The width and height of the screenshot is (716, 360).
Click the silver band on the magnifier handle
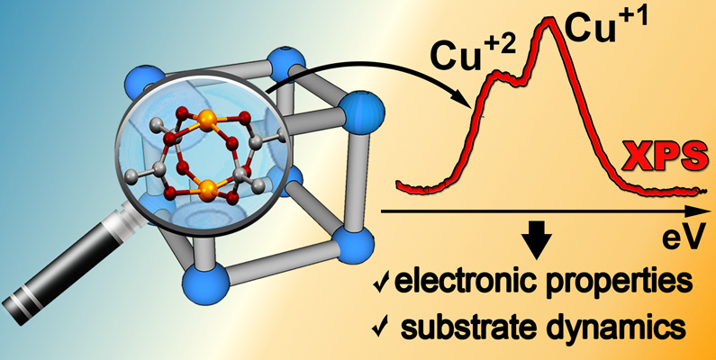25,297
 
